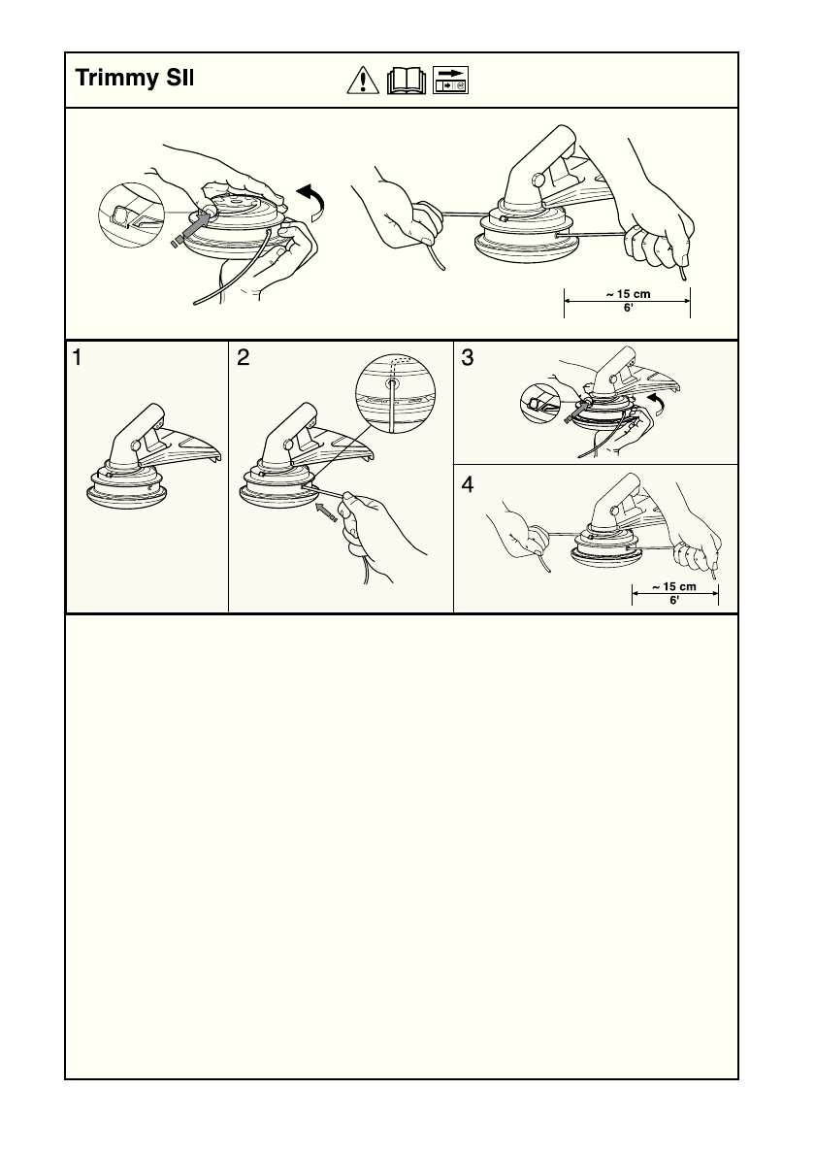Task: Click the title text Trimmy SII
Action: tap(135, 78)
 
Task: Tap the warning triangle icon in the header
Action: tap(363, 81)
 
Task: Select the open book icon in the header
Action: tap(407, 81)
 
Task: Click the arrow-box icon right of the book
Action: tap(450, 81)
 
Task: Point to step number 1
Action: tap(78, 358)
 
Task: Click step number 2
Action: tap(243, 358)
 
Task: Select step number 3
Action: tap(468, 358)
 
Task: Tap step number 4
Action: tap(468, 484)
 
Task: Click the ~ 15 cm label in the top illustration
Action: tap(628, 294)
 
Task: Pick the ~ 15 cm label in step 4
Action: tap(674, 587)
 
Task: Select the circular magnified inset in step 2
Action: tap(395, 393)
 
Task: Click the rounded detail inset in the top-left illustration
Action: tap(130, 214)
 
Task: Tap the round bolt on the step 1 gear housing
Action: tap(136, 445)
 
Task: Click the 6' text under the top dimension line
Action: tap(628, 308)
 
